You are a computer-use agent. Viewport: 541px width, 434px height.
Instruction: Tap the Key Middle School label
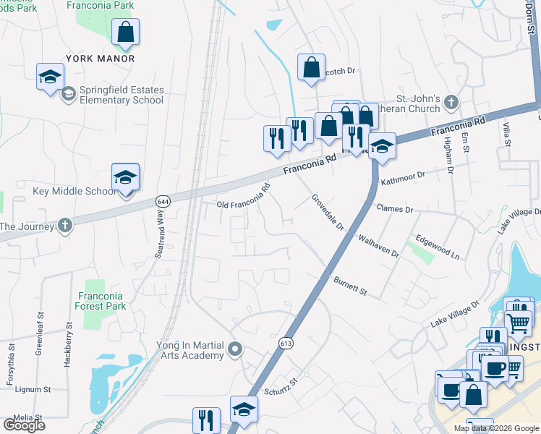click(74, 191)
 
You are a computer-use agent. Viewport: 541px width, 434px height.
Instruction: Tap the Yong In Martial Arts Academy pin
click(234, 351)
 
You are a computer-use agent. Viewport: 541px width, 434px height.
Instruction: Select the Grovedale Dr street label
click(327, 212)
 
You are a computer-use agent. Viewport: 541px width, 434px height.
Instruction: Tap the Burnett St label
click(351, 286)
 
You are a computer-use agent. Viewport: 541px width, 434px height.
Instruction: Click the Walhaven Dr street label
click(379, 244)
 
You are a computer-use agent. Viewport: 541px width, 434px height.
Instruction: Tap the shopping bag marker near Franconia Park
click(126, 33)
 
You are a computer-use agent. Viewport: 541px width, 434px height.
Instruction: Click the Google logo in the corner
click(24, 425)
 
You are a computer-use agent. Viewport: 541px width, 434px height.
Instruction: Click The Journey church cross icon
click(65, 226)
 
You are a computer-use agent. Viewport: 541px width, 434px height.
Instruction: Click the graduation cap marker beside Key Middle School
click(126, 178)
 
